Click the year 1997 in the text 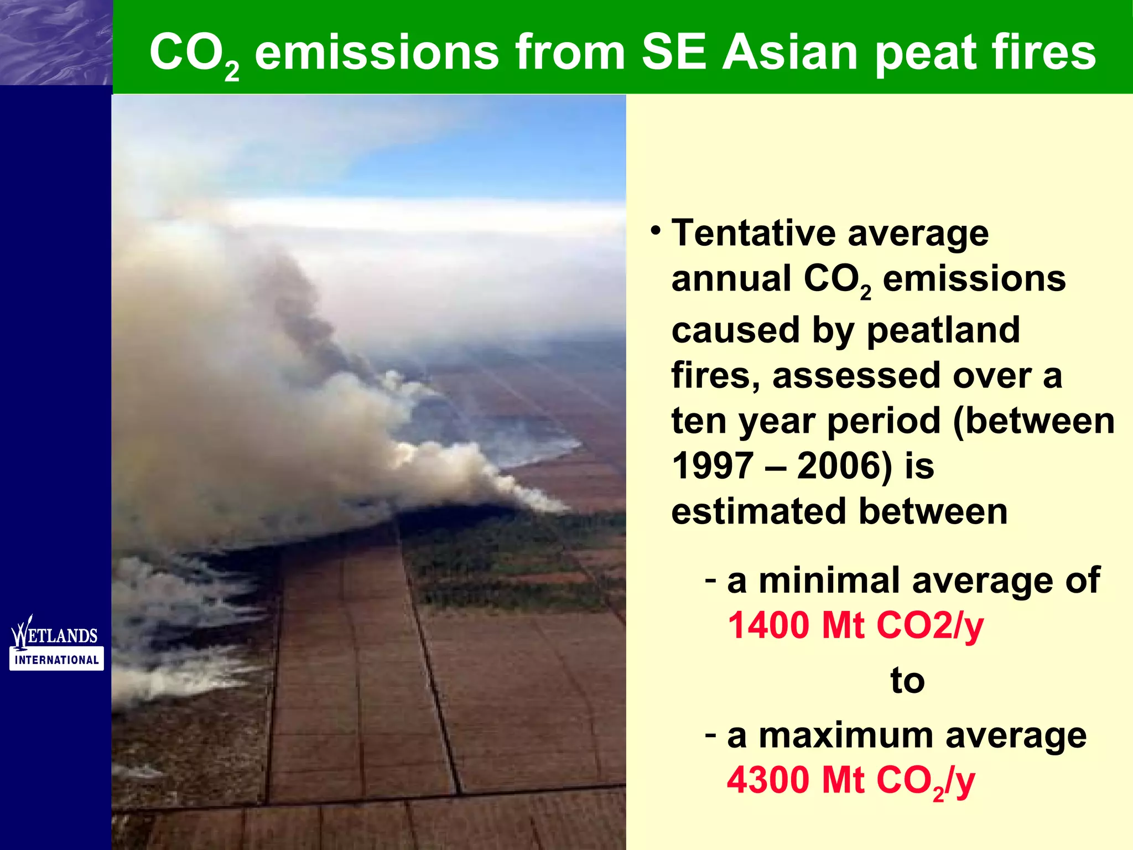click(x=713, y=466)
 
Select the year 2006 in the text click(x=844, y=466)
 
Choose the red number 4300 click(x=769, y=780)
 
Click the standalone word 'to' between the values click(x=907, y=680)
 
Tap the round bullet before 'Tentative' click(x=656, y=230)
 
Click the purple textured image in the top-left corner click(x=55, y=42)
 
